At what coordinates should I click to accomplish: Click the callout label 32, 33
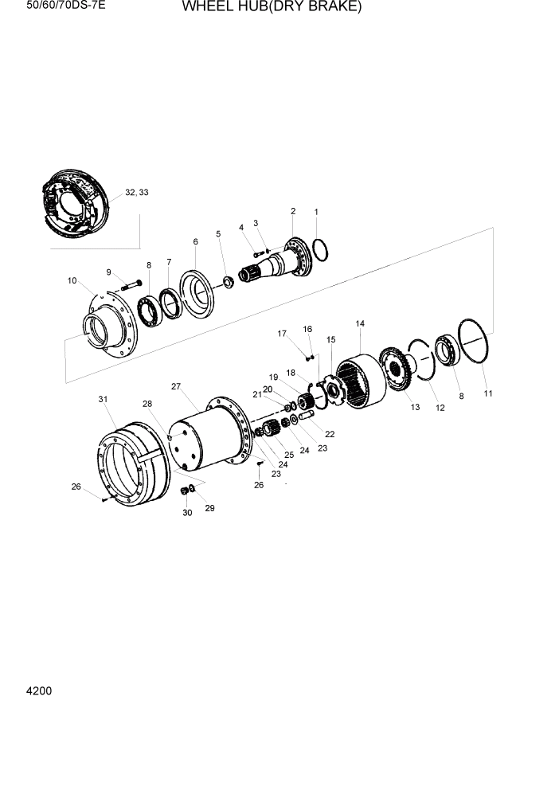[x=137, y=193]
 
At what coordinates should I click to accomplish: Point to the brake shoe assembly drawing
[x=71, y=203]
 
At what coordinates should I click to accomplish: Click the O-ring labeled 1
[x=320, y=249]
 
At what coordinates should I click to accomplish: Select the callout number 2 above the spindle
[x=293, y=211]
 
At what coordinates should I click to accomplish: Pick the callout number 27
[x=176, y=386]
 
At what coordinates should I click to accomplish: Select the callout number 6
[x=195, y=241]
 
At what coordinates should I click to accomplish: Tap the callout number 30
[x=188, y=513]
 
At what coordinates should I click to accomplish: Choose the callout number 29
[x=210, y=507]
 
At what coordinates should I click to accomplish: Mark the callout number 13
[x=415, y=407]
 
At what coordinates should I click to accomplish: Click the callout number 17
[x=281, y=334]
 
